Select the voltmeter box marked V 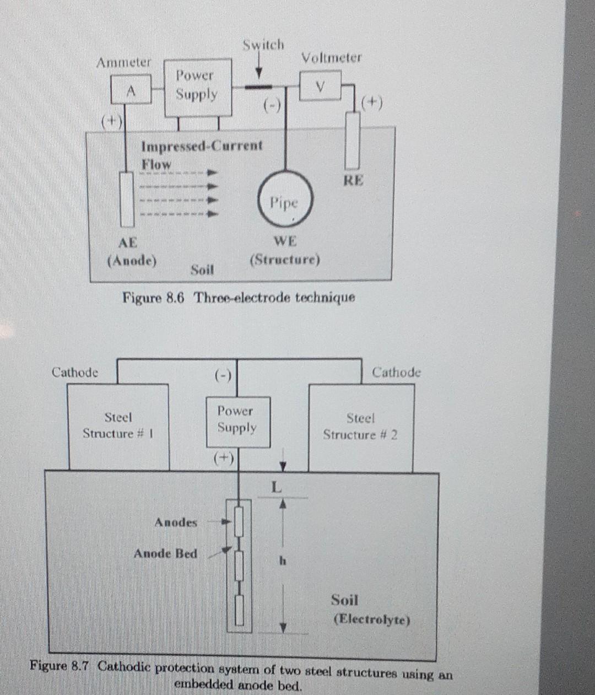320,87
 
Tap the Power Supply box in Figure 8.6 197,87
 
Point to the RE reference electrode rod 353,141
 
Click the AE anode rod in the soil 127,199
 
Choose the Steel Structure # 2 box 360,428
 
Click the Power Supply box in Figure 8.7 237,421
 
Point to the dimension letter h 283,561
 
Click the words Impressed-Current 202,146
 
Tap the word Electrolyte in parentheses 372,619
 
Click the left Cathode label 75,373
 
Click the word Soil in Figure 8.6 202,270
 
